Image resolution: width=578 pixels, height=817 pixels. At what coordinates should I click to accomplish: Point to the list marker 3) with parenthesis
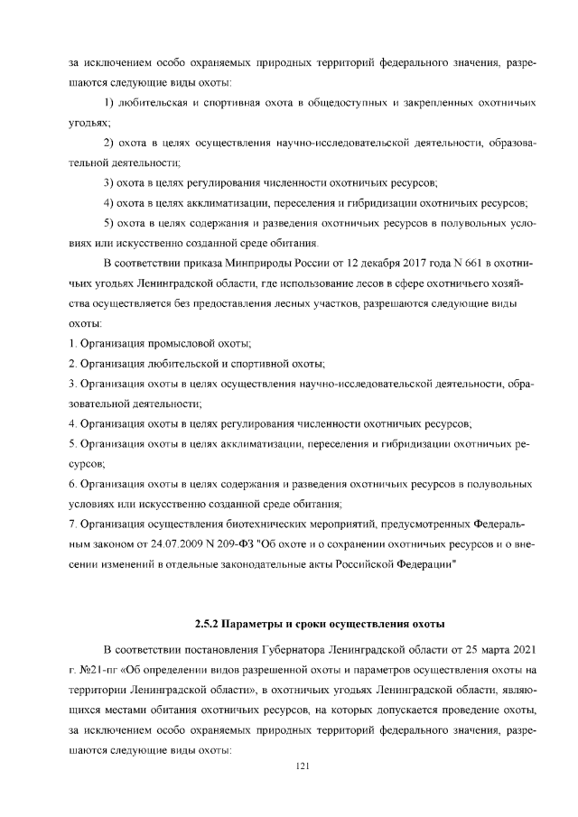click(111, 181)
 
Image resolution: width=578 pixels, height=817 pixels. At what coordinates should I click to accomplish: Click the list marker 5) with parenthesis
click(111, 222)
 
